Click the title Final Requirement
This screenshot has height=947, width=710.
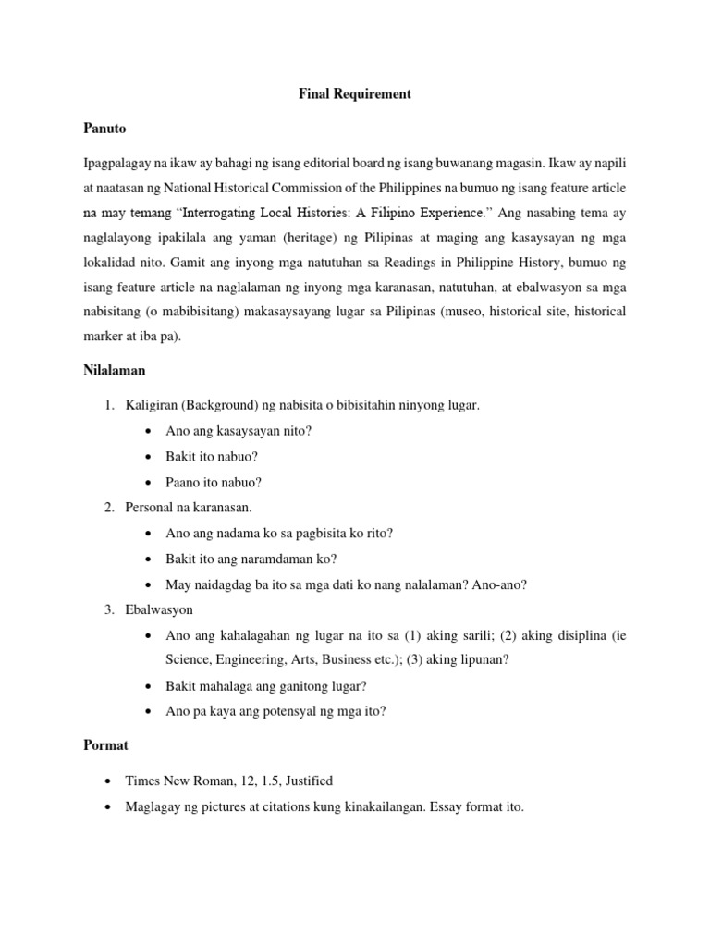354,93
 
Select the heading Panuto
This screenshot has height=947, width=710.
104,129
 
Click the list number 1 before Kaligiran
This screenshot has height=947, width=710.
108,405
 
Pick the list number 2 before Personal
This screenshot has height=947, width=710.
108,508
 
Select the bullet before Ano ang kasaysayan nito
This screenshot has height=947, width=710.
150,431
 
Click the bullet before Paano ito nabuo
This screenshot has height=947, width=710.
150,482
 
